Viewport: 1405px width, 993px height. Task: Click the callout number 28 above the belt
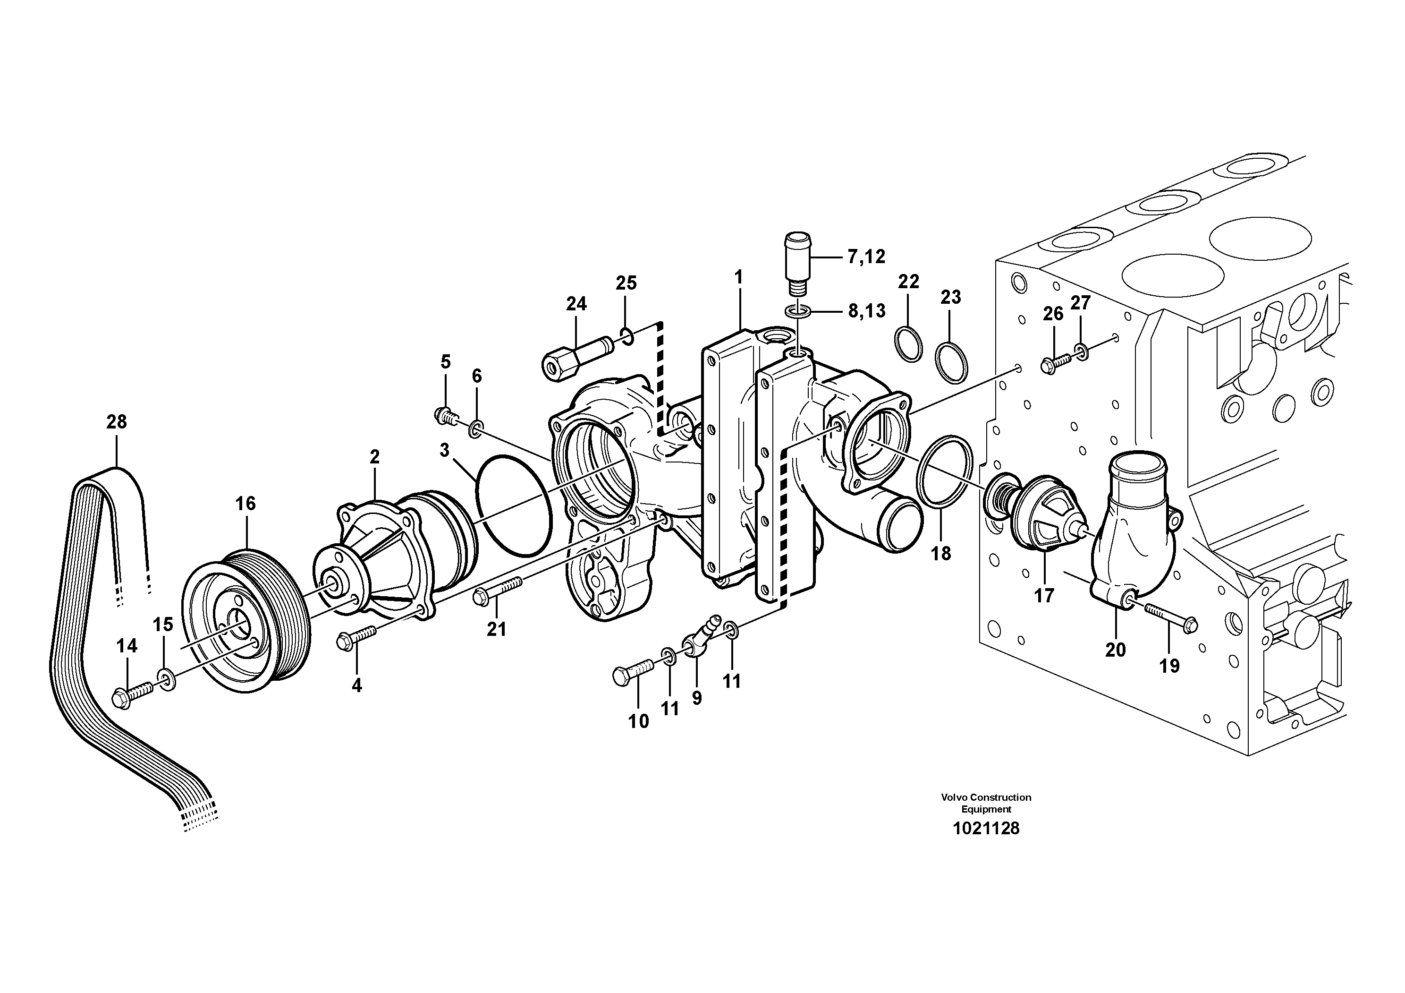point(116,422)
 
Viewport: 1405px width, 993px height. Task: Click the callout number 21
point(496,629)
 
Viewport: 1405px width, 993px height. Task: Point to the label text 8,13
point(866,311)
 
